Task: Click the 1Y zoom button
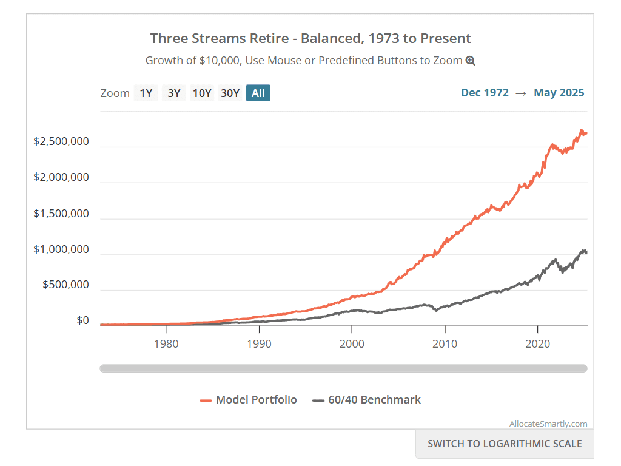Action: [146, 93]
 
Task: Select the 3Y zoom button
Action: [174, 93]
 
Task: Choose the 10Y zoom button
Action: [202, 93]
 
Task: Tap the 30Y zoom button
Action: [230, 93]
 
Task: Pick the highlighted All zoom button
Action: [258, 93]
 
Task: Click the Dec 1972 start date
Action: [485, 93]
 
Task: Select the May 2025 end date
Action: [559, 93]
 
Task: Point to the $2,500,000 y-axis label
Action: [61, 141]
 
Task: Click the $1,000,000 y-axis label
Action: [61, 249]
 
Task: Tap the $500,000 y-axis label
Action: [65, 285]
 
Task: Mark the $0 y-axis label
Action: [82, 320]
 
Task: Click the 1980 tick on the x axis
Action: [166, 344]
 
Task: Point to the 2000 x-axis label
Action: [352, 344]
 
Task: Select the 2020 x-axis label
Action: [537, 344]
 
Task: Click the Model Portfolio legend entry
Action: [249, 400]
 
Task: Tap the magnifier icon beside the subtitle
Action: [471, 61]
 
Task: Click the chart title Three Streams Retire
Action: [310, 38]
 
